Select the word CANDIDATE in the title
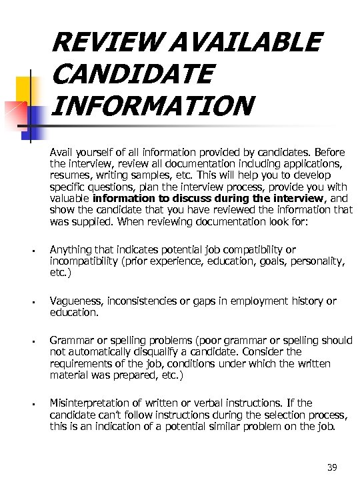pos(131,73)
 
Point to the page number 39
pos(332,467)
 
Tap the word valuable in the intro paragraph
pos(70,198)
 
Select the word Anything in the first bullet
pos(71,249)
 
